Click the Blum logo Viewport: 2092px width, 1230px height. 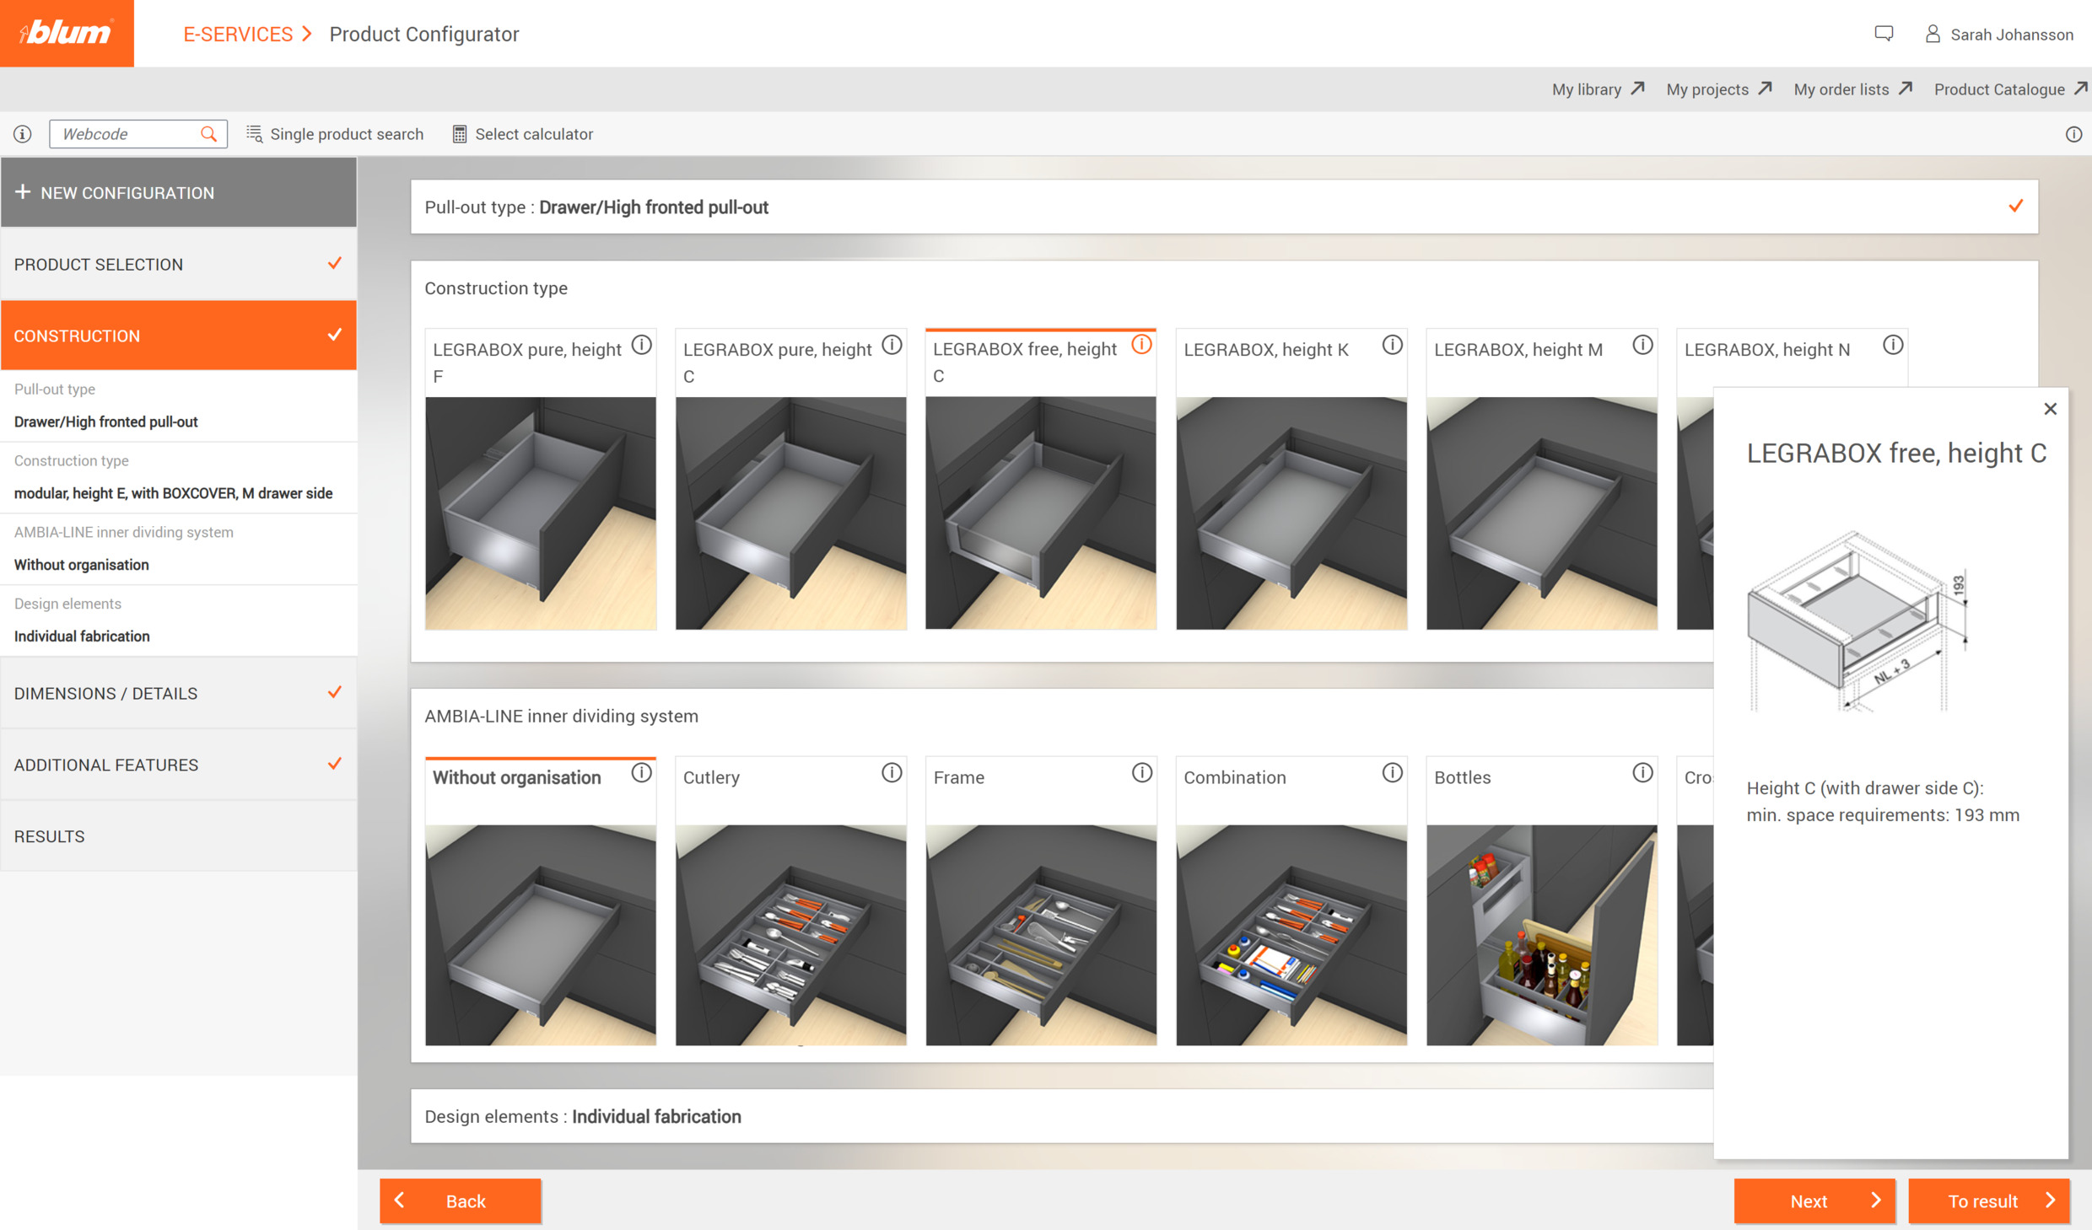pos(67,33)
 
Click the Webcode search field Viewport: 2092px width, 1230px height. pos(127,134)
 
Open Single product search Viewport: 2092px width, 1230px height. pos(335,134)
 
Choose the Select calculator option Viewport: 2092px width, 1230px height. pos(523,134)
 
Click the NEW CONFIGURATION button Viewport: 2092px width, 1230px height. pos(178,192)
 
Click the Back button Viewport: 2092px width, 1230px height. pos(460,1200)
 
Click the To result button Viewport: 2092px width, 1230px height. pos(1988,1200)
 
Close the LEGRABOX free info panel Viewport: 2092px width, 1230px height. pos(2050,409)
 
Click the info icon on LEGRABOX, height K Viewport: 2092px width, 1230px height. pos(1392,346)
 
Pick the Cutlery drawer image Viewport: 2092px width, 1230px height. pos(790,934)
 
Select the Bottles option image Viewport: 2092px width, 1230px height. pos(1541,934)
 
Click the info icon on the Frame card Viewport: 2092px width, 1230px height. pos(1141,773)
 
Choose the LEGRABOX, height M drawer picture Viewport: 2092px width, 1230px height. pos(1541,513)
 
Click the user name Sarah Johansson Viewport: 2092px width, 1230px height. pos(2011,35)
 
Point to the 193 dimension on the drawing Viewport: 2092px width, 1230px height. pos(1958,585)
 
